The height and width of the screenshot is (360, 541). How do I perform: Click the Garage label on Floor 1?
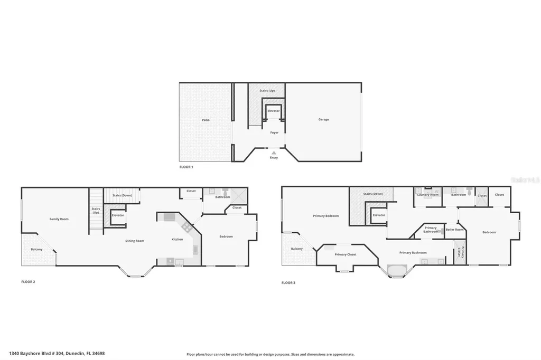click(x=323, y=119)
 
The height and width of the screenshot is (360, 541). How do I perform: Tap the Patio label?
click(x=206, y=120)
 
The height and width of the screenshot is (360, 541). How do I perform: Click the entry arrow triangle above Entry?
click(x=274, y=153)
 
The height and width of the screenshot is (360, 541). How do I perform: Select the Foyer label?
click(x=274, y=132)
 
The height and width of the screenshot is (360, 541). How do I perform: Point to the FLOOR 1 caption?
click(x=186, y=167)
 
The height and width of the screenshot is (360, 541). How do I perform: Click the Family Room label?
click(x=59, y=219)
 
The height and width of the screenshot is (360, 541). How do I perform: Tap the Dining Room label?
click(x=135, y=241)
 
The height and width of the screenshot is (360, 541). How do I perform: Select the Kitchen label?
click(x=177, y=239)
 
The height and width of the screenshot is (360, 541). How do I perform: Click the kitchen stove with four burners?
click(x=186, y=228)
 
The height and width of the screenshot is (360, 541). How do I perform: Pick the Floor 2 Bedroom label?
click(x=226, y=236)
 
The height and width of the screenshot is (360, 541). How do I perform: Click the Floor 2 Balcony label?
click(x=36, y=249)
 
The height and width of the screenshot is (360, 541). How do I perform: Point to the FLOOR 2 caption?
click(x=28, y=282)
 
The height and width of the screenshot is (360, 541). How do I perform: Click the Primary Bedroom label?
click(x=325, y=216)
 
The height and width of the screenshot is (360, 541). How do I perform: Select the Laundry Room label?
click(x=427, y=195)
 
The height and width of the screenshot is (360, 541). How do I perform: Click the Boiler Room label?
click(x=454, y=230)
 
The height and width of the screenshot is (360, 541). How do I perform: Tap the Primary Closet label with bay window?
click(x=346, y=254)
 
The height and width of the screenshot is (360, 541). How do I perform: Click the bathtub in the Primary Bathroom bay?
click(x=396, y=270)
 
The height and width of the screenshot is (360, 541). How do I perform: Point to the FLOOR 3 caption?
click(x=288, y=283)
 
